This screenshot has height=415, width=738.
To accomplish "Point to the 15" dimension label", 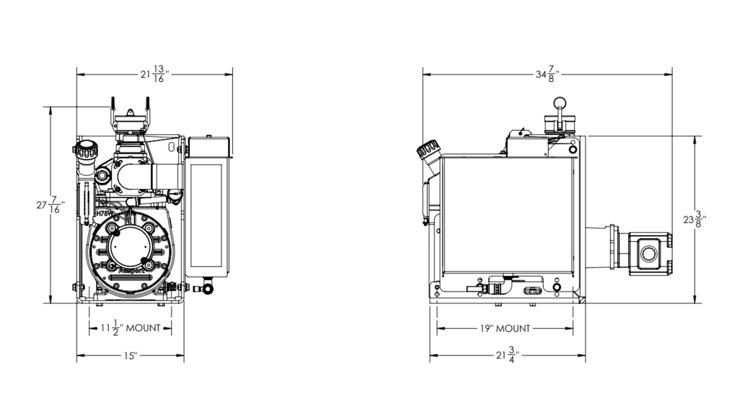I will [130, 356].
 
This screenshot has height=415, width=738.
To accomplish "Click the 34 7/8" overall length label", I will [547, 75].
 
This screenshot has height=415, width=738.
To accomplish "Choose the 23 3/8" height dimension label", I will [694, 220].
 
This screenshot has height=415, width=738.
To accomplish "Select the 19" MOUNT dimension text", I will [505, 328].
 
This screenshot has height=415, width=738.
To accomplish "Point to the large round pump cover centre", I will [130, 247].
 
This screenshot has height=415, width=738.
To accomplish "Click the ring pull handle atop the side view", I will [560, 103].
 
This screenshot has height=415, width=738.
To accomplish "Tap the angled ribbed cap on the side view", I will [427, 150].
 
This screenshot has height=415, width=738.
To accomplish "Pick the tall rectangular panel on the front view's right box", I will [206, 216].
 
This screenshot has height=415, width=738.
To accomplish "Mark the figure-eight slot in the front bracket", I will [172, 146].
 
